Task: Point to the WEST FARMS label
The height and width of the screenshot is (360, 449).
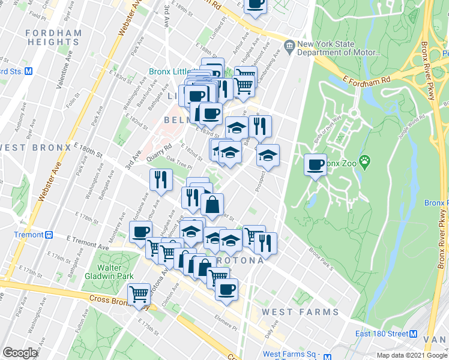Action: pos(300,312)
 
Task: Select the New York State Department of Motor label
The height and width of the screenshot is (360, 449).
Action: pos(339,49)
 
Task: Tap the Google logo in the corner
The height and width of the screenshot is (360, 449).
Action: pos(20,353)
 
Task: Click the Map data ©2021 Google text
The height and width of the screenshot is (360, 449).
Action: pos(412,355)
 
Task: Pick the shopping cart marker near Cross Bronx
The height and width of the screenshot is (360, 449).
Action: pos(139,293)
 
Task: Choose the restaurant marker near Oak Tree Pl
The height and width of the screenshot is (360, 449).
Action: pos(161,179)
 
